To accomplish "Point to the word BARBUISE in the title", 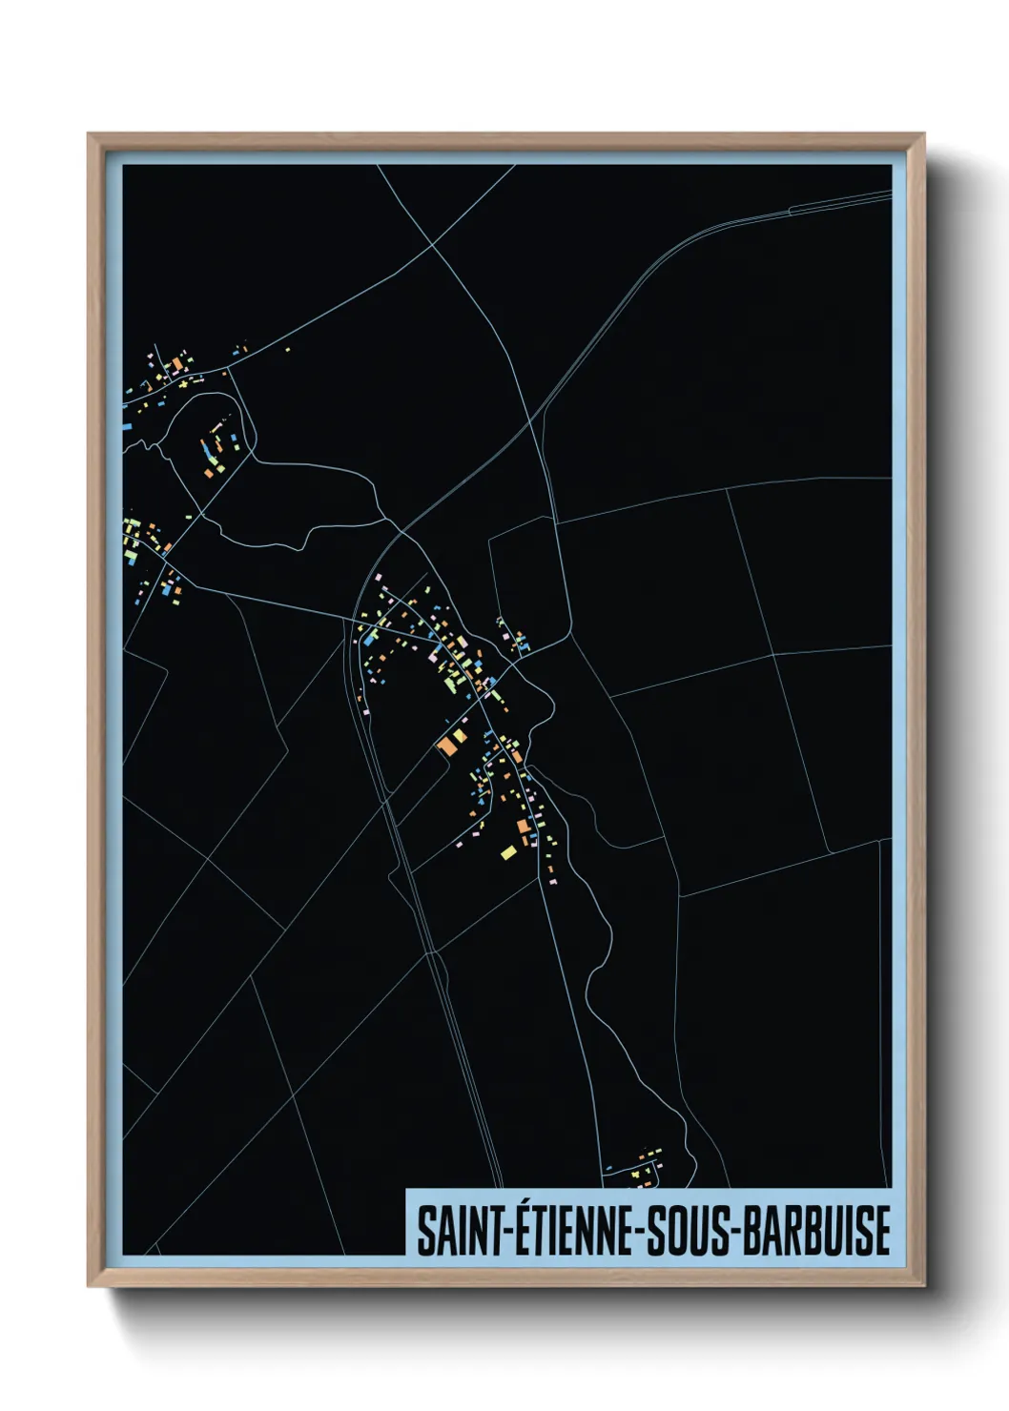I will tap(816, 1231).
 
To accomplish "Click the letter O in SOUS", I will tap(677, 1231).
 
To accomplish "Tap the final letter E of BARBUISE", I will tap(881, 1231).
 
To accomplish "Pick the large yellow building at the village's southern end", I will tap(508, 851).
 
